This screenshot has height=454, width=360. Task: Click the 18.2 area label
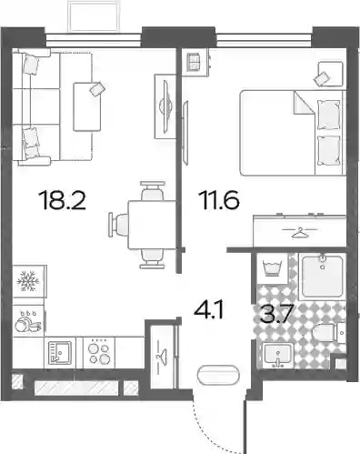pyautogui.click(x=63, y=199)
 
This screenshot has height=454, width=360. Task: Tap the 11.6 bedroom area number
pyautogui.click(x=219, y=199)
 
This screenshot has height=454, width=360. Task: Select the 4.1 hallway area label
pyautogui.click(x=209, y=310)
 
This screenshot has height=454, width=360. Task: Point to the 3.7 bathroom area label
pyautogui.click(x=276, y=314)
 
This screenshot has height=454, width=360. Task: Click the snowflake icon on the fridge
pyautogui.click(x=28, y=281)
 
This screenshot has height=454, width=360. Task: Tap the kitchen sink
pyautogui.click(x=60, y=353)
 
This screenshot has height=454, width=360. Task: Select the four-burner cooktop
pyautogui.click(x=99, y=353)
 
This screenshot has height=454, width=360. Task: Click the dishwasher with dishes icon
pyautogui.click(x=28, y=322)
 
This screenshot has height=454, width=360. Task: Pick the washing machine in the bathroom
pyautogui.click(x=272, y=268)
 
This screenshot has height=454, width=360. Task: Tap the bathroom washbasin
pyautogui.click(x=277, y=355)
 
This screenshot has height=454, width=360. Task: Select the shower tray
pyautogui.click(x=322, y=277)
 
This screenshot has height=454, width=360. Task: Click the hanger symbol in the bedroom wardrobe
pyautogui.click(x=300, y=232)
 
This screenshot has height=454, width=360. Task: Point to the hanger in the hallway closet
pyautogui.click(x=161, y=355)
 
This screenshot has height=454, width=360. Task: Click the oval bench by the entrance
pyautogui.click(x=217, y=376)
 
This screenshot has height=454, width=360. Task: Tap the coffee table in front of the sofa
pyautogui.click(x=87, y=106)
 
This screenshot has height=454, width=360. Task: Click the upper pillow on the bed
pyautogui.click(x=328, y=115)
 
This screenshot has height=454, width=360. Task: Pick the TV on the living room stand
pyautogui.click(x=166, y=106)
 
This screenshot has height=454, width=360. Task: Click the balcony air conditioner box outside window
pyautogui.click(x=93, y=15)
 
